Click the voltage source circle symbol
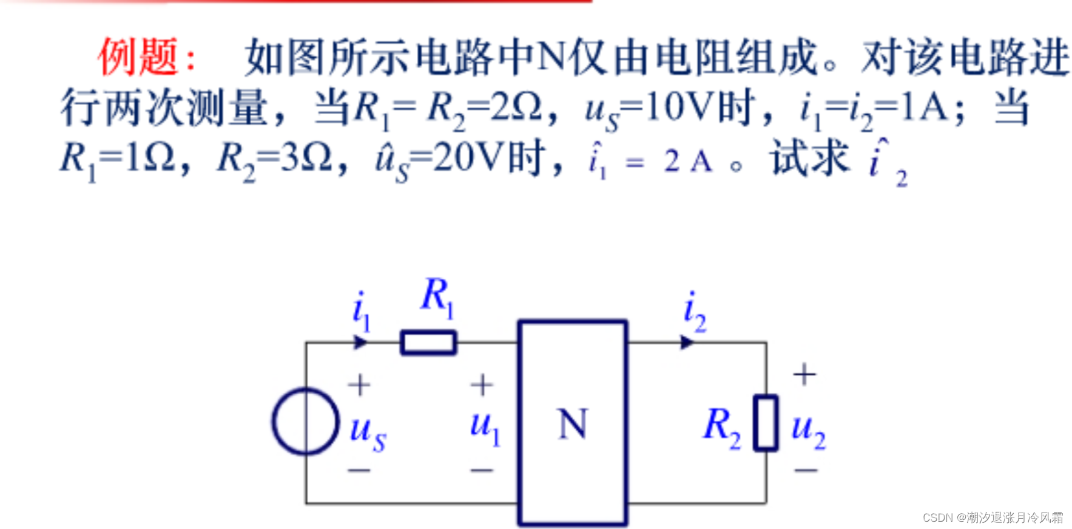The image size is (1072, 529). coord(305,421)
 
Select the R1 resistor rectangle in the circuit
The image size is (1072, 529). coord(428,343)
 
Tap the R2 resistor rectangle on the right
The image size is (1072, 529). coord(766,423)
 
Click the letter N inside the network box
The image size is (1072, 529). coord(572,424)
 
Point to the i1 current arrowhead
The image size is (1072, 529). coord(360,343)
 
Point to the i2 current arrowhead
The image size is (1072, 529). coord(687,343)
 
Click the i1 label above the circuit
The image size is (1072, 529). coord(361,310)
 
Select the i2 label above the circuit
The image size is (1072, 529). coord(694,312)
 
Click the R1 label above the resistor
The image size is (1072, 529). coord(437,296)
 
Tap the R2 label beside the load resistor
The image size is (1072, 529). coord(722,425)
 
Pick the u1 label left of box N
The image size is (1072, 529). coord(485,425)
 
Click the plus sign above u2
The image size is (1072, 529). coord(804,374)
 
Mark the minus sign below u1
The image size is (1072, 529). coord(482,469)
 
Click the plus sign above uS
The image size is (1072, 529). coord(359,384)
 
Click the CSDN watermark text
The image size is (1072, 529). coord(993,517)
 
